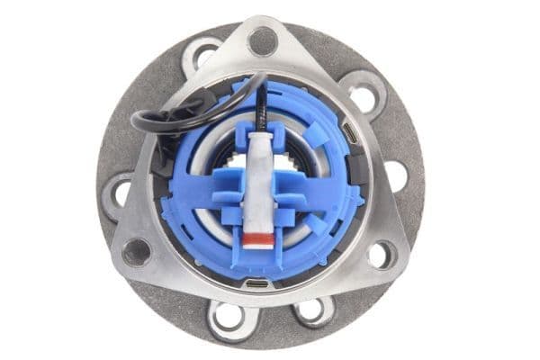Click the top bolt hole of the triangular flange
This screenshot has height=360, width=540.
[x=262, y=40]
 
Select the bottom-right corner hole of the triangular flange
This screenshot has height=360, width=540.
[x=381, y=255]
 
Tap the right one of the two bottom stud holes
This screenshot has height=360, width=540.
[x=312, y=310]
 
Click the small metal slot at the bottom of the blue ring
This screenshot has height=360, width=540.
[x=256, y=285]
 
